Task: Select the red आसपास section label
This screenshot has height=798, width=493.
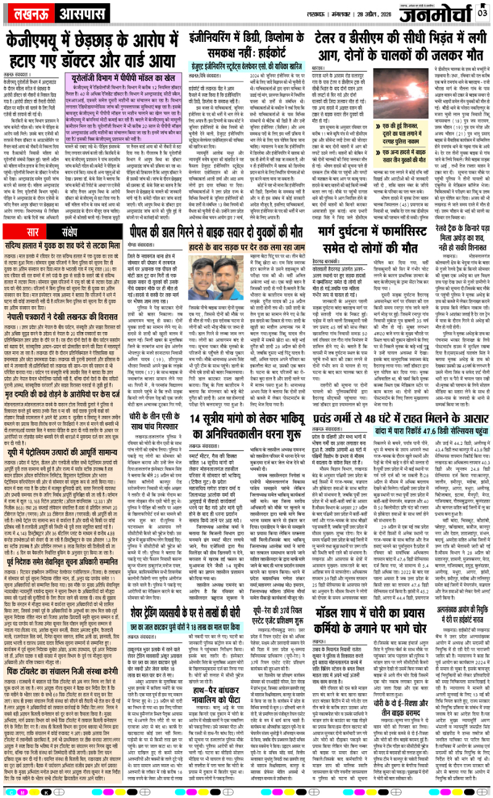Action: pyautogui.click(x=70, y=14)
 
